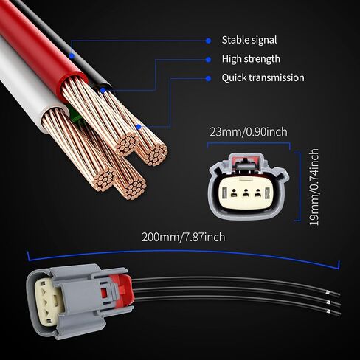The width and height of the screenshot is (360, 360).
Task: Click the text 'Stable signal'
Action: (249, 40)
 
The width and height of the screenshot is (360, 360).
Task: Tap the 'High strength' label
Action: (251, 59)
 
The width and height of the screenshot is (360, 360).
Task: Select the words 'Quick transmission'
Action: (263, 77)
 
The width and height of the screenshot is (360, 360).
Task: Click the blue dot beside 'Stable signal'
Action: (208, 41)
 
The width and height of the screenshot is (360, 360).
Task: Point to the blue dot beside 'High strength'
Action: (208, 60)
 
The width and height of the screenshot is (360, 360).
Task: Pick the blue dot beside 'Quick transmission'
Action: (208, 78)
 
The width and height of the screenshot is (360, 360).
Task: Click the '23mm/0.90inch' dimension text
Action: (249, 132)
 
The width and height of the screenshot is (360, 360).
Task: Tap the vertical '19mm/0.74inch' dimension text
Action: (314, 187)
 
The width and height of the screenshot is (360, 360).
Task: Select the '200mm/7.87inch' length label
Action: (184, 237)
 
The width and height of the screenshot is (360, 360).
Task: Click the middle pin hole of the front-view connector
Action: (245, 193)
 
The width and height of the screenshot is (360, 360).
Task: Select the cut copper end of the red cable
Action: (126, 145)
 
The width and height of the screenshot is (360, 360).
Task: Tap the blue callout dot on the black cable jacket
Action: (72, 56)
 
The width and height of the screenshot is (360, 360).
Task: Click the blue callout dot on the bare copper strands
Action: (139, 127)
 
